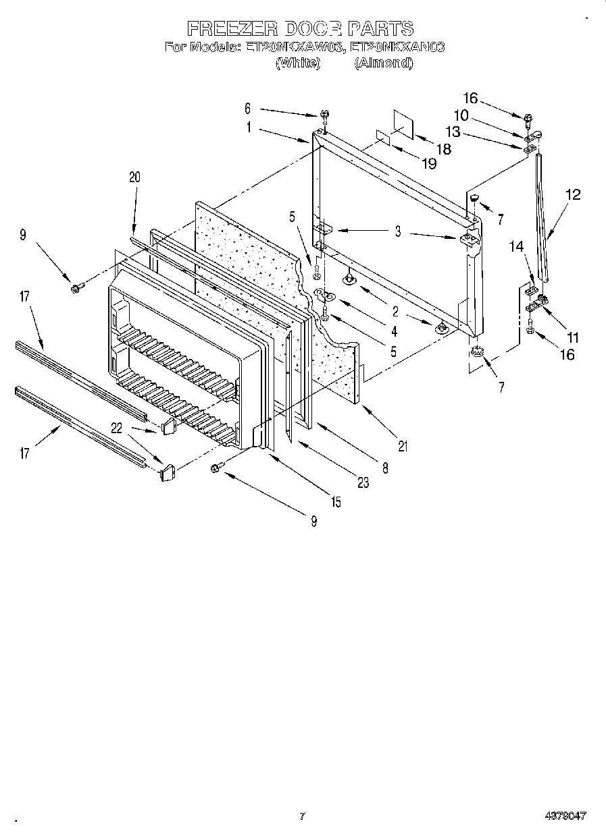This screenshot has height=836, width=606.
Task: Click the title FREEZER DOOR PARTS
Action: (299, 28)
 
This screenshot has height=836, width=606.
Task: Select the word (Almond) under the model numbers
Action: (383, 63)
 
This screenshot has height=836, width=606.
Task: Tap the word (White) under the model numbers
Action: (297, 63)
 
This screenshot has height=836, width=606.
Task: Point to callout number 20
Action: (134, 177)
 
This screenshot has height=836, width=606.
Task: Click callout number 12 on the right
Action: (572, 195)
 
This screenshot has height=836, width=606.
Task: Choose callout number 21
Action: (403, 445)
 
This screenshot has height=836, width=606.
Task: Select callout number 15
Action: (336, 502)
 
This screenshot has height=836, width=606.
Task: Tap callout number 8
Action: (384, 466)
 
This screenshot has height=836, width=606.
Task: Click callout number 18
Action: (443, 149)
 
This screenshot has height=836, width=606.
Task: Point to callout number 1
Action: (249, 126)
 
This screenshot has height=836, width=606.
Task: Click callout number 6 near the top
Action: (247, 108)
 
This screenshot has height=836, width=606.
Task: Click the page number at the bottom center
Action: (303, 816)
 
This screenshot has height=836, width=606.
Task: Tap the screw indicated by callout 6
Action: (324, 117)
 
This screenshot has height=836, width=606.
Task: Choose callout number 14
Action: (517, 247)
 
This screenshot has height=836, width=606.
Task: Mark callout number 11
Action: (573, 337)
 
